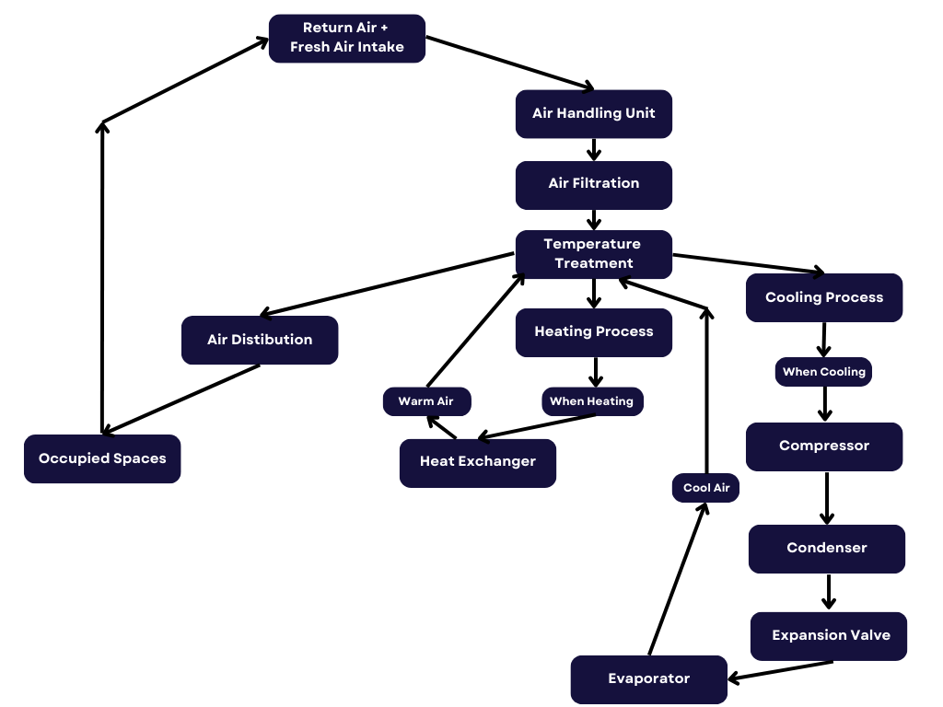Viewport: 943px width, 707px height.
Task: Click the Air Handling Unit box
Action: click(x=594, y=114)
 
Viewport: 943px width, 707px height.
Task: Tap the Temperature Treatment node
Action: click(x=594, y=254)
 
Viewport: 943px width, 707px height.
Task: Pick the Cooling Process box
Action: click(x=824, y=298)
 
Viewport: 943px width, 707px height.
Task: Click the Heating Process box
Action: click(x=594, y=332)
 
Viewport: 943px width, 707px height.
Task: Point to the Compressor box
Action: click(x=824, y=446)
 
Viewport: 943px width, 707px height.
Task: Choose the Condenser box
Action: click(x=827, y=549)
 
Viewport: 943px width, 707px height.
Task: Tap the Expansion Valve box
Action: click(x=829, y=636)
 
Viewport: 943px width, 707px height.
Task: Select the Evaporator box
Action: click(x=649, y=679)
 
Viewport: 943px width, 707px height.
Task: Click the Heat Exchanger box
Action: click(x=478, y=462)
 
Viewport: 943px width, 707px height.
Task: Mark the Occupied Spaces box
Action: click(x=102, y=458)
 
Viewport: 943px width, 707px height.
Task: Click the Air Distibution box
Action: click(x=260, y=341)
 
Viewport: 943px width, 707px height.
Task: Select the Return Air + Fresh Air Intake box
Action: click(x=347, y=39)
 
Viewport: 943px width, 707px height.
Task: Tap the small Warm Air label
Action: click(x=427, y=401)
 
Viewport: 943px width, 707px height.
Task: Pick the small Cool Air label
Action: click(x=706, y=488)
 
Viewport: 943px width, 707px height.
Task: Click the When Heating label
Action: click(x=592, y=401)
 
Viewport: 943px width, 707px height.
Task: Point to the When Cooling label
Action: click(x=824, y=372)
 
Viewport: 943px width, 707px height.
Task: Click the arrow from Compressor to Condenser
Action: click(x=827, y=498)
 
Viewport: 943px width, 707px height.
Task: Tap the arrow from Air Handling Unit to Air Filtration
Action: click(x=594, y=150)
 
